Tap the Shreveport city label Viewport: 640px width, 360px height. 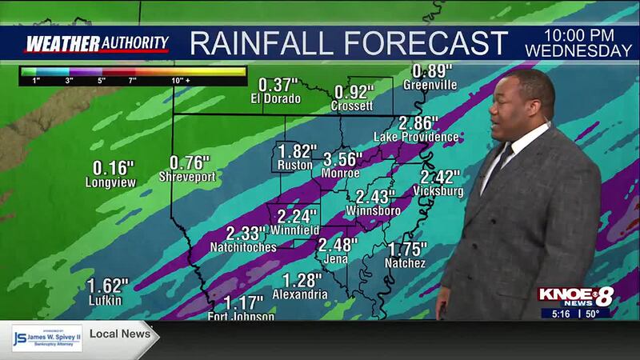coord(187,177)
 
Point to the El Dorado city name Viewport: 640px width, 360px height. coord(275,99)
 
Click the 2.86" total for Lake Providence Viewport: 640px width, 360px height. coord(418,124)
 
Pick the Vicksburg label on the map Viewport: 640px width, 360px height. coord(438,191)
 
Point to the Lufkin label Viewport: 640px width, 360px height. coord(106,300)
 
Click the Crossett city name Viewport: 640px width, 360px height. coord(354,106)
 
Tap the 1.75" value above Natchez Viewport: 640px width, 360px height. coord(407,248)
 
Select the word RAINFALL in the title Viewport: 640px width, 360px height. coord(263,42)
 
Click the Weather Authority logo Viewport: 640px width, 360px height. coord(97,43)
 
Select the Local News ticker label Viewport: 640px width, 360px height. coord(120,333)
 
